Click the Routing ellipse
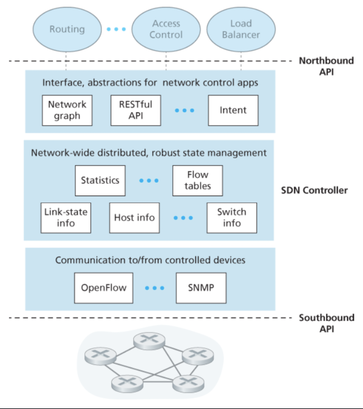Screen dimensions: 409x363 click(x=67, y=29)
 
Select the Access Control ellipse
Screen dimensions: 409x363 click(x=166, y=29)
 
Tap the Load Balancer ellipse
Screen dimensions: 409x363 click(x=241, y=29)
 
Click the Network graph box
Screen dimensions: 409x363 click(x=67, y=110)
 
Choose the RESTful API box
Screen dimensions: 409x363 click(x=136, y=110)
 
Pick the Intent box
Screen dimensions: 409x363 click(x=233, y=110)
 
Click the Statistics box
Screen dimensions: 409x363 click(x=100, y=181)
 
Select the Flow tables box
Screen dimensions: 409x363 click(x=198, y=181)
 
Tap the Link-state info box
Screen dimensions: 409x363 click(x=66, y=218)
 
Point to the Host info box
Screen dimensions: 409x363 click(x=134, y=218)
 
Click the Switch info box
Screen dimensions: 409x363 click(x=232, y=218)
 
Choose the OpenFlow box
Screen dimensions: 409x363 click(x=103, y=288)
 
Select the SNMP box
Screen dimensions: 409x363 click(x=201, y=288)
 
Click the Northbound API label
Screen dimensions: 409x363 click(x=326, y=66)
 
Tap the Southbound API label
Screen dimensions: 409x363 click(x=327, y=323)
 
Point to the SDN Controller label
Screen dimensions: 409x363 click(x=314, y=190)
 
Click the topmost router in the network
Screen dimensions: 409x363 click(x=149, y=341)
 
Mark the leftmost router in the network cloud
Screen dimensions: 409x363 click(x=100, y=356)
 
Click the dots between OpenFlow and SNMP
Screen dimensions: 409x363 click(x=154, y=288)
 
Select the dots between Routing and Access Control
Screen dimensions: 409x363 click(x=116, y=29)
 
